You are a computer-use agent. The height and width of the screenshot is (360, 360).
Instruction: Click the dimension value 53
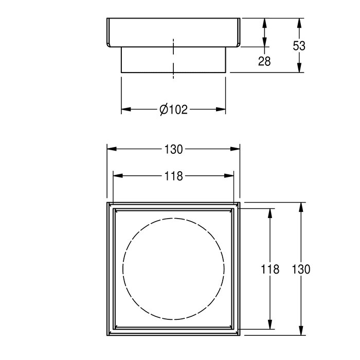(x=299, y=46)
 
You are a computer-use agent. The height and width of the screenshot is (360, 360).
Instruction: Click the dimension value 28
(x=264, y=61)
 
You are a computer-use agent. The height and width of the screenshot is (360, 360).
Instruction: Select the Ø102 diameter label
(x=174, y=110)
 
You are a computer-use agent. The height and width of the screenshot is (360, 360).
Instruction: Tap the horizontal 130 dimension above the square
(x=174, y=150)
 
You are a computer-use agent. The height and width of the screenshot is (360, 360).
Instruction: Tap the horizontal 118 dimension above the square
(x=174, y=176)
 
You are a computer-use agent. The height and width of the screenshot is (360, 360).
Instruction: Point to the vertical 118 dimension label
(x=270, y=269)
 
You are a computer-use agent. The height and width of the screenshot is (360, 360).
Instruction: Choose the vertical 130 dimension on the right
(x=301, y=269)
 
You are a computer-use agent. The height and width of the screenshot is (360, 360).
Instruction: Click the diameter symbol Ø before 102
(x=164, y=110)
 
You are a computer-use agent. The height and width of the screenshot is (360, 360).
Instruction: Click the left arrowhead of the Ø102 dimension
(x=126, y=109)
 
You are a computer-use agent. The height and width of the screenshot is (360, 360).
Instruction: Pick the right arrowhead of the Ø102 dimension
(x=221, y=109)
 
